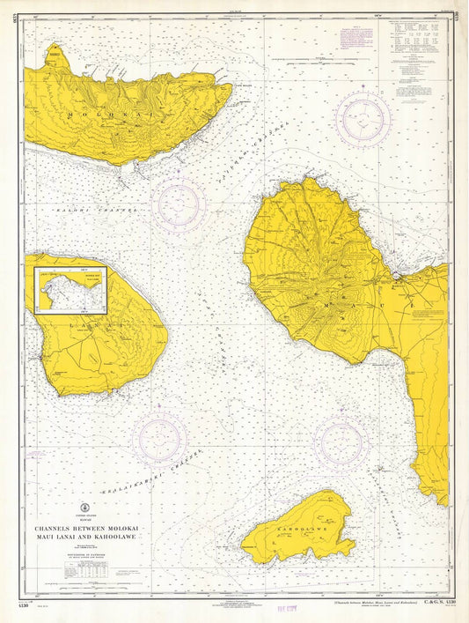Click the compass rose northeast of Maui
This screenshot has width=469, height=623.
coord(363,119)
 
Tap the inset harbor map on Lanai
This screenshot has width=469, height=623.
coord(70,291)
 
